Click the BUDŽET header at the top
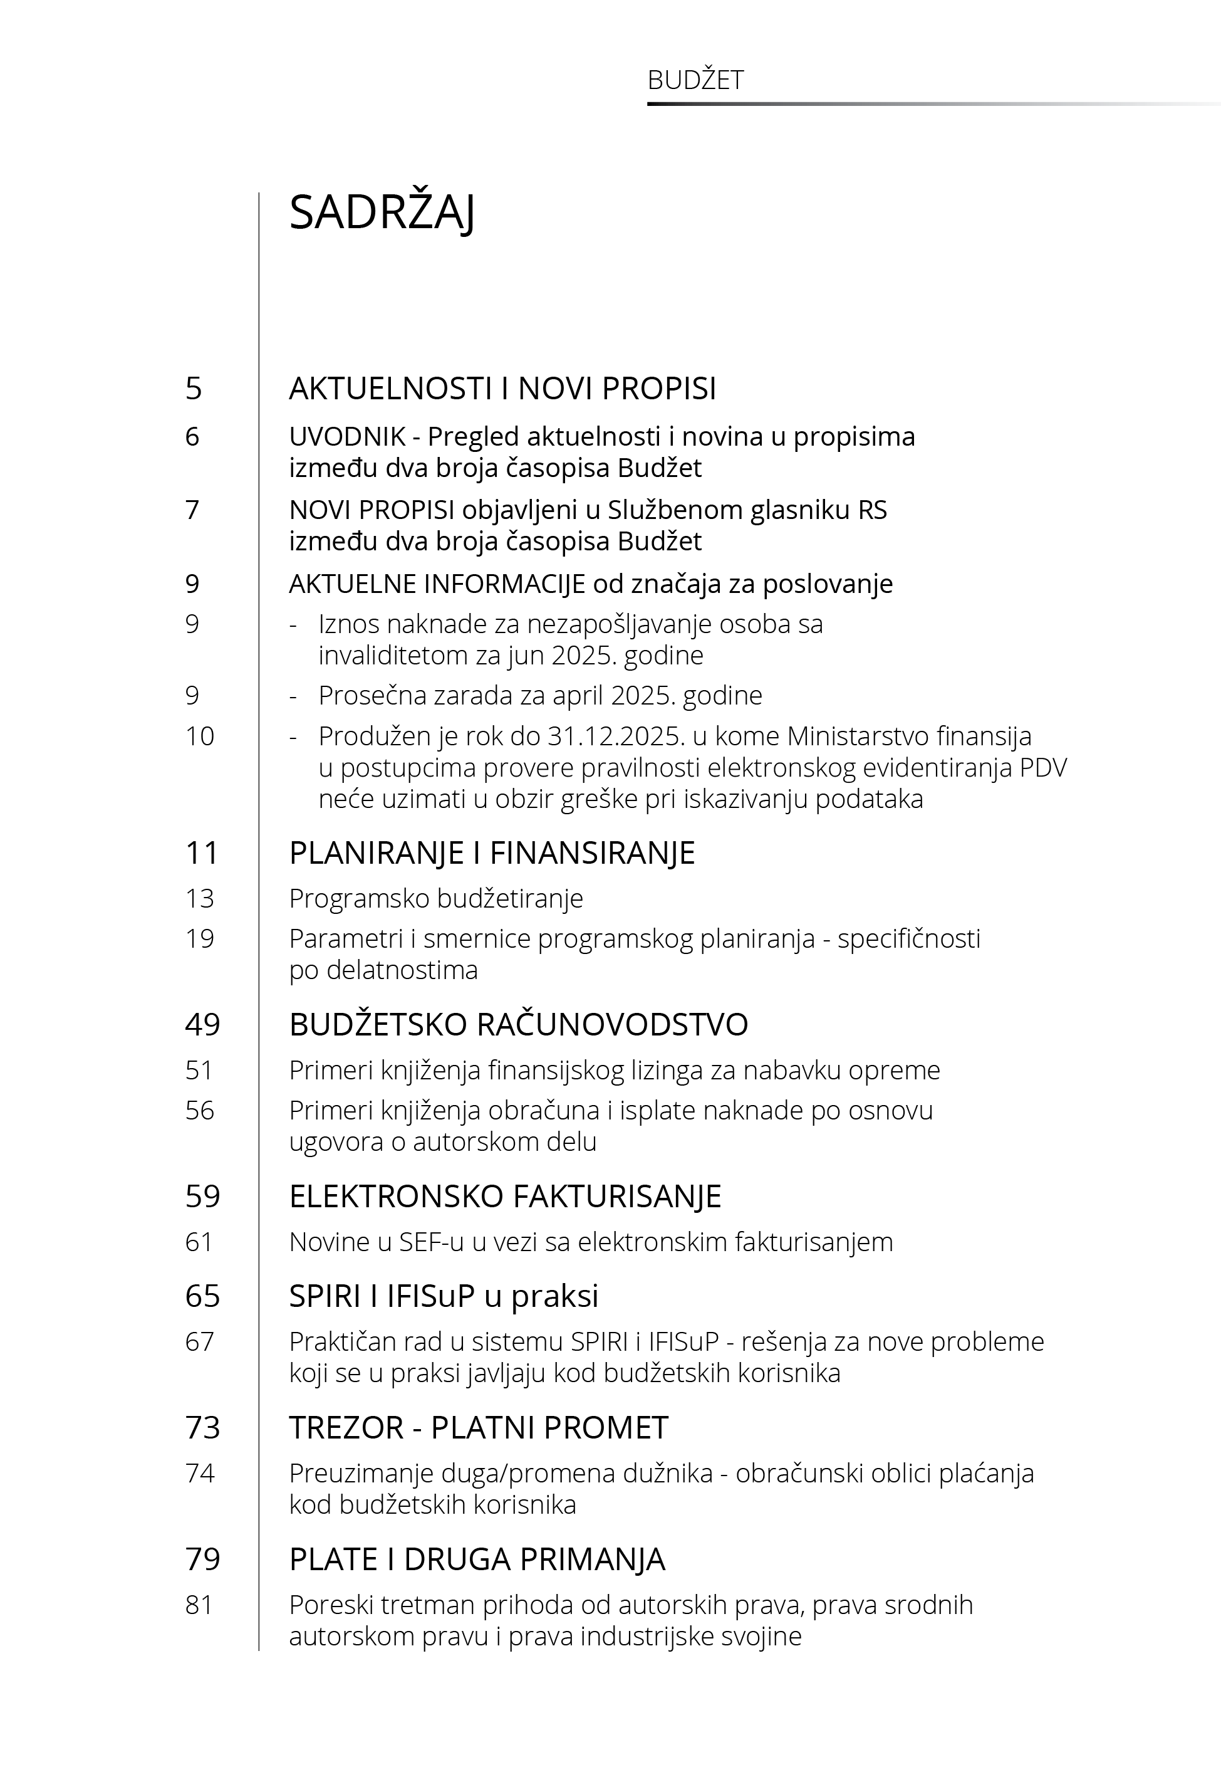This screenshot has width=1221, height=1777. coord(695,80)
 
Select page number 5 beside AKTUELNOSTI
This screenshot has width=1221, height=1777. coord(194,389)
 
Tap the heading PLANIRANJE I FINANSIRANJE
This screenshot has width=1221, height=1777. coord(492,852)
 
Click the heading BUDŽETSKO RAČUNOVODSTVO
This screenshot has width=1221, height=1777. coord(518,1025)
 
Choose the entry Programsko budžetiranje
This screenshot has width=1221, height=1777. coord(435,898)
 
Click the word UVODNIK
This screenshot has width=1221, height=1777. coord(347,437)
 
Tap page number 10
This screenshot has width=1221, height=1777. coord(200,736)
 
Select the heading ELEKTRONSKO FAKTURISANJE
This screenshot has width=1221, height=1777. coord(505,1196)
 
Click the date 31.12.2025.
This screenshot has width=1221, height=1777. coord(615,736)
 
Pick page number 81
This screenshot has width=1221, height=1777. coord(199,1605)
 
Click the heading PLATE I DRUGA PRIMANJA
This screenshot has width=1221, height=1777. coord(477,1559)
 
